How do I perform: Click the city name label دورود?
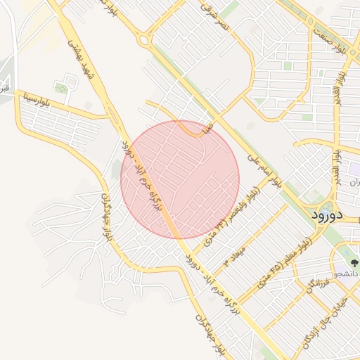coord(328,214)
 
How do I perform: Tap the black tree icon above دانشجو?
coord(354,262)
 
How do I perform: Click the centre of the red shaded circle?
coord(180,179)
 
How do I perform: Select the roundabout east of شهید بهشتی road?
coord(145,40)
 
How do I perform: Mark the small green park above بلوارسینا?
coord(62,89)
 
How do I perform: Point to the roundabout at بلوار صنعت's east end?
coord(310,21)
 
